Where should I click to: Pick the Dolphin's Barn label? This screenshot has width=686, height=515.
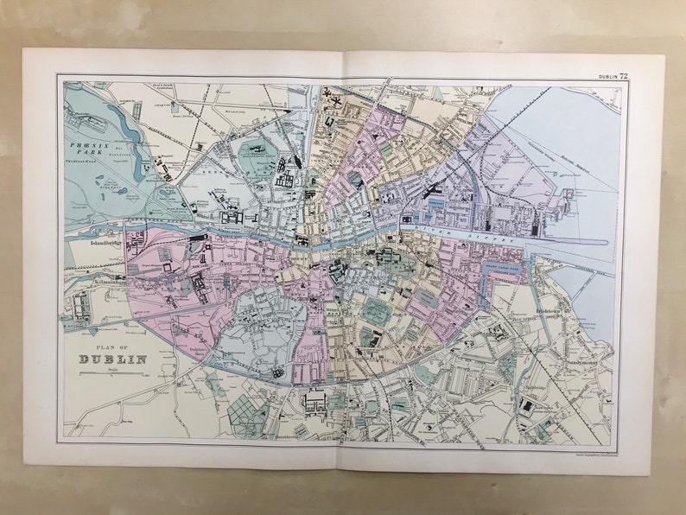point(201,339)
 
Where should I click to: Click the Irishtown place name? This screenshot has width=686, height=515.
point(550,309)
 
